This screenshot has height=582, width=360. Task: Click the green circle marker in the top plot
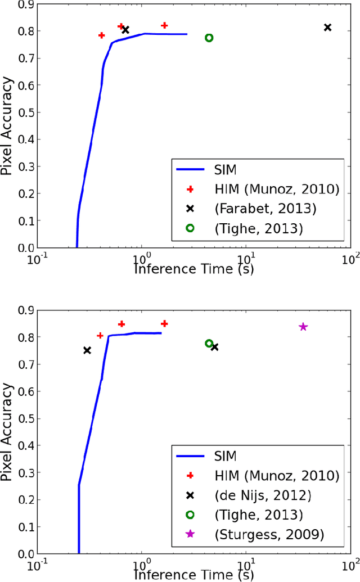point(209,38)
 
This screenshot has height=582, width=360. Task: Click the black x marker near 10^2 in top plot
point(328,28)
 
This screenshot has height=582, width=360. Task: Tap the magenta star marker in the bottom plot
point(303,327)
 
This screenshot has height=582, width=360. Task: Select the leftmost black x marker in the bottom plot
point(87,350)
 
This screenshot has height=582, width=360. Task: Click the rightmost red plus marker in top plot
point(164,25)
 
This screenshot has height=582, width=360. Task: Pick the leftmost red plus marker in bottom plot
point(100,336)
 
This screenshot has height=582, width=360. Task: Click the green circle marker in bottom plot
point(209,343)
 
